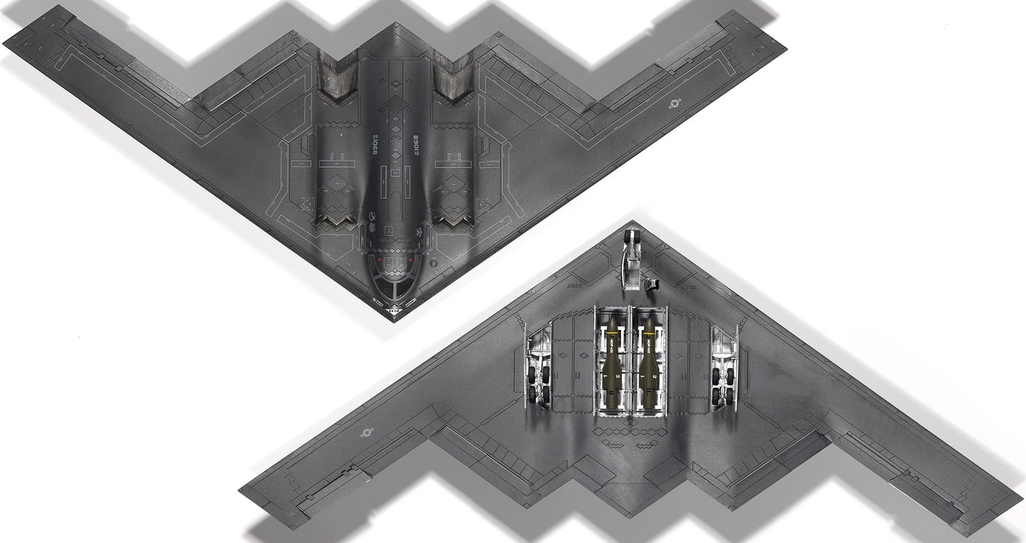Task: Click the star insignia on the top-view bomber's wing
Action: [x=674, y=104]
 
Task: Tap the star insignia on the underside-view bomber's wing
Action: [x=367, y=432]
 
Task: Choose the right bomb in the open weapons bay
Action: [x=649, y=362]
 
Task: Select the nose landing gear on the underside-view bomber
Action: [x=632, y=261]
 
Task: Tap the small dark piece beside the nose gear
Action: [x=652, y=283]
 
